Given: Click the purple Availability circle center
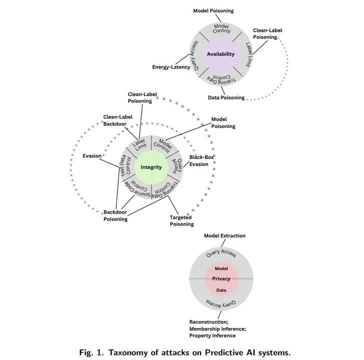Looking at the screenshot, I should tap(220, 53).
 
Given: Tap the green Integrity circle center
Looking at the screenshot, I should tap(150, 167).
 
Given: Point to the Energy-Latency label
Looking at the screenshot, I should tap(171, 67).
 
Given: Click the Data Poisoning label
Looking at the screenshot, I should tap(226, 97).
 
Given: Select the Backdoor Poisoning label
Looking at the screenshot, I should tap(115, 215).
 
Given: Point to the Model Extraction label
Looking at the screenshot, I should tap(224, 235).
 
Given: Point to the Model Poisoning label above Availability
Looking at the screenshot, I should tap(213, 10).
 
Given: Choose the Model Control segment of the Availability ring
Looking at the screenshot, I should tap(221, 30).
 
